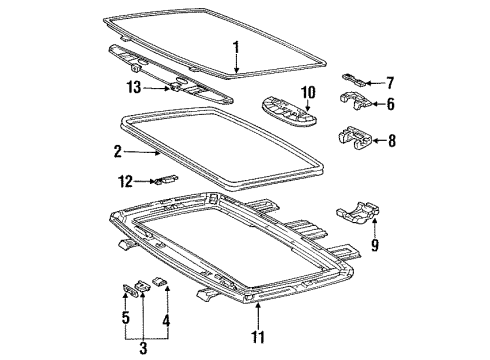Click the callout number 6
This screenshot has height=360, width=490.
pyautogui.click(x=391, y=104)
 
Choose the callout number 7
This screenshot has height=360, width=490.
pyautogui.click(x=391, y=82)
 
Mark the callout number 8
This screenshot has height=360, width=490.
pyautogui.click(x=391, y=141)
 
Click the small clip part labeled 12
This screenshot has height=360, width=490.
pyautogui.click(x=161, y=181)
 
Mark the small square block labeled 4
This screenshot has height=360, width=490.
pyautogui.click(x=158, y=285)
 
